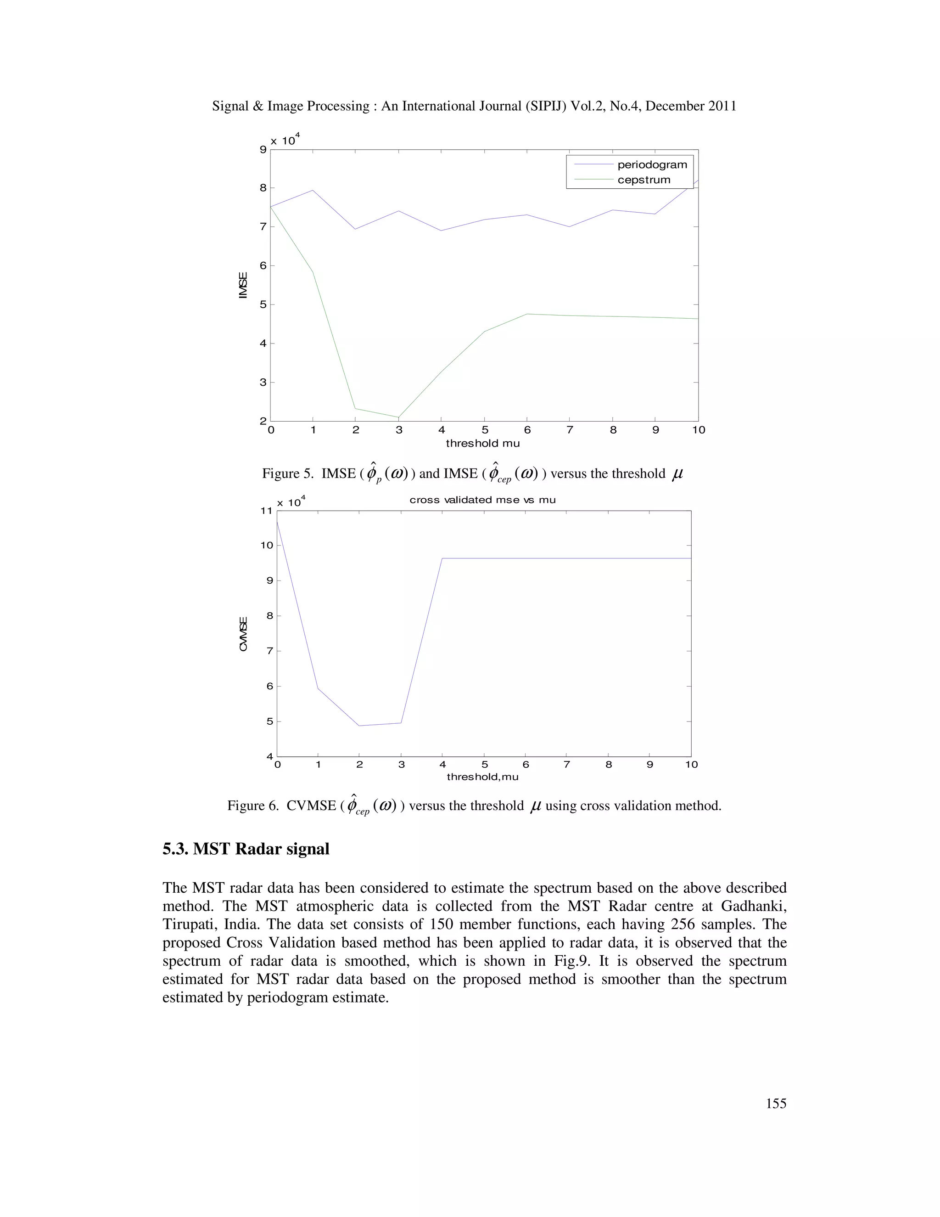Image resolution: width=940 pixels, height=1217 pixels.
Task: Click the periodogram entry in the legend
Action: coord(652,165)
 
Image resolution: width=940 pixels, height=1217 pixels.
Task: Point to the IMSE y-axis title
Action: coord(243,285)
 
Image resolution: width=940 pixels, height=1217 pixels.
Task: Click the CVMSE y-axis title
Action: coord(243,634)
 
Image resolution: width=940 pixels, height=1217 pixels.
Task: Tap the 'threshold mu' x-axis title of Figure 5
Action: coord(482,444)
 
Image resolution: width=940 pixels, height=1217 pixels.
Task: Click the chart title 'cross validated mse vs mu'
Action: coord(482,500)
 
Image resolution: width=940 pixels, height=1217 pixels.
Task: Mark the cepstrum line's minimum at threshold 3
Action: coord(399,417)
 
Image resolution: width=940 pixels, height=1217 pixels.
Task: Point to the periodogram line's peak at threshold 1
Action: coord(313,191)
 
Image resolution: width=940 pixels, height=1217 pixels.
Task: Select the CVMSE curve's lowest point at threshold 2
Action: coord(359,726)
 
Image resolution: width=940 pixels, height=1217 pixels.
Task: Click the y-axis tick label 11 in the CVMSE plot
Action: coord(266,510)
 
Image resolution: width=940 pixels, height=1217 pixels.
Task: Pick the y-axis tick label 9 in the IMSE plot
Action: coord(263,149)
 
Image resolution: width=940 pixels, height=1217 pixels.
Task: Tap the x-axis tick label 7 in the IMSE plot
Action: coord(570,430)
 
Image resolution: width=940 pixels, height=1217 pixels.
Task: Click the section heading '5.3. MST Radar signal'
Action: coord(246,849)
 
